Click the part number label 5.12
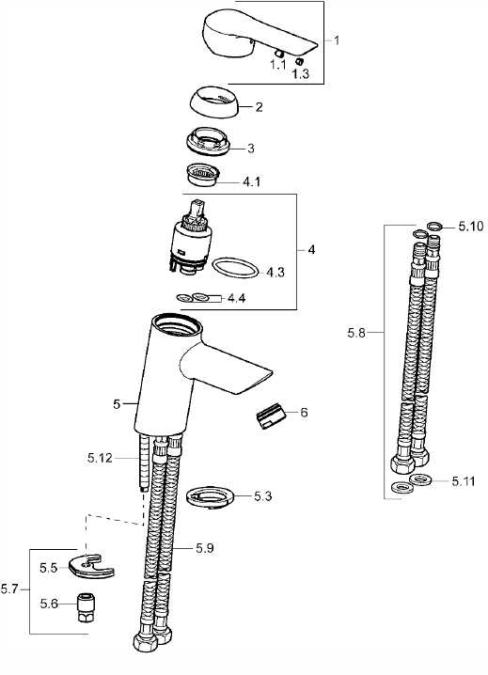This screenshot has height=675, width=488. (x=100, y=458)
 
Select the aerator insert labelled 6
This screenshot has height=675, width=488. (x=270, y=416)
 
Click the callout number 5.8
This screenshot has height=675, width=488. (x=356, y=333)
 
